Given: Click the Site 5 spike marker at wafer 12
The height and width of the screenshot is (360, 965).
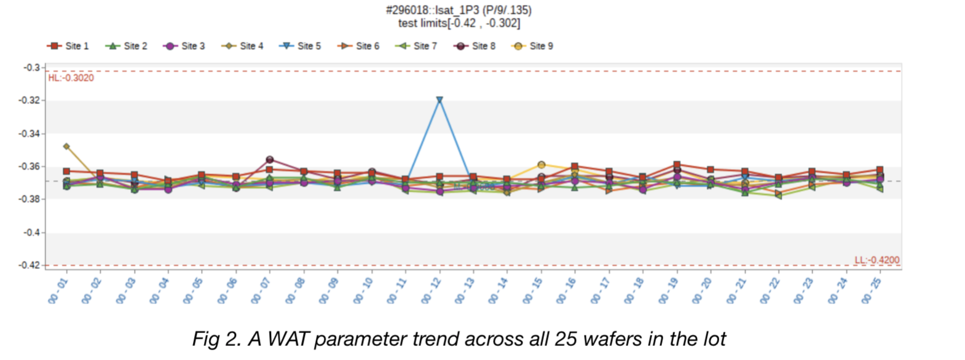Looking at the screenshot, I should [x=439, y=100].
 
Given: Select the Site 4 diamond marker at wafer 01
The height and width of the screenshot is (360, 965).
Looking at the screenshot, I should [x=66, y=147].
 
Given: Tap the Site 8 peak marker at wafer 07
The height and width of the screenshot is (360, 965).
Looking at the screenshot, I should [x=269, y=160].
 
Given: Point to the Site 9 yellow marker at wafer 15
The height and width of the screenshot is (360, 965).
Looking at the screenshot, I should [x=542, y=165].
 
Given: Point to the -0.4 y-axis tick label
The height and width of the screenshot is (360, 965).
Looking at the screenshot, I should [x=32, y=233].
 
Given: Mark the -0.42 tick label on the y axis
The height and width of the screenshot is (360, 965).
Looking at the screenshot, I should [x=30, y=265].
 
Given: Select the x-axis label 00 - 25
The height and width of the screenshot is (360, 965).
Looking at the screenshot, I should [x=872, y=291].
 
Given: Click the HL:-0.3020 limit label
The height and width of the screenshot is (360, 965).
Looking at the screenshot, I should [x=71, y=78].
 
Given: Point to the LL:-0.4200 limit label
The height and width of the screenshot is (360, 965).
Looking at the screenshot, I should [x=876, y=260].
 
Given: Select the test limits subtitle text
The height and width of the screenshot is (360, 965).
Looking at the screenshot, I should [x=459, y=23].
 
